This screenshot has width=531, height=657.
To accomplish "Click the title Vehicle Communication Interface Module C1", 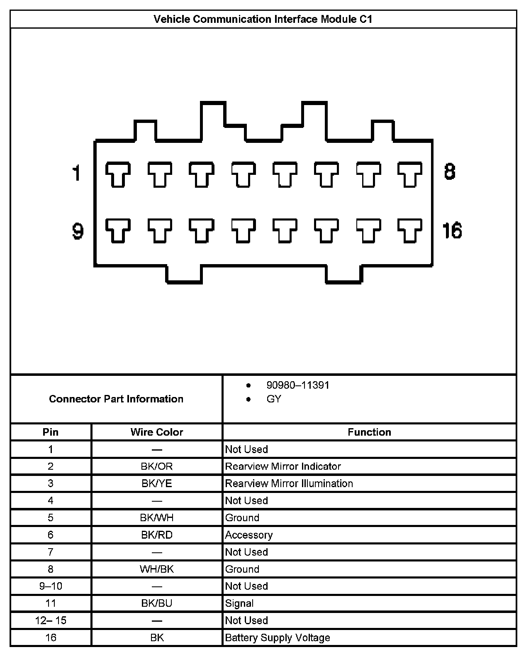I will click(263, 20).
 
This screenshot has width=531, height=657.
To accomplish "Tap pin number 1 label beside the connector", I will click(76, 173).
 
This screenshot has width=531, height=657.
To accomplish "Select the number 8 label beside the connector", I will click(450, 172).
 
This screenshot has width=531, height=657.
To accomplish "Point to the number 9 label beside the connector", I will click(78, 231).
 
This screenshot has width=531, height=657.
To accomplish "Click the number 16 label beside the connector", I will click(452, 230).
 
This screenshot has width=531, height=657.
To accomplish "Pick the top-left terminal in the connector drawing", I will click(118, 174).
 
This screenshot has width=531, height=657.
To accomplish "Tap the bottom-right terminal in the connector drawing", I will click(410, 230).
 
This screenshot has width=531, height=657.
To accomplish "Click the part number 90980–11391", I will click(298, 385).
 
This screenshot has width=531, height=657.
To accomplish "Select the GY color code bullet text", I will click(274, 399).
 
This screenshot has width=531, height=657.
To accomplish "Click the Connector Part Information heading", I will click(116, 399).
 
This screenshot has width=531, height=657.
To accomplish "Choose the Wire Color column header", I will click(157, 432).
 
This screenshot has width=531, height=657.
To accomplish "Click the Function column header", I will click(369, 432).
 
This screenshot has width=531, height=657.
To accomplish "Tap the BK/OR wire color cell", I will click(157, 466).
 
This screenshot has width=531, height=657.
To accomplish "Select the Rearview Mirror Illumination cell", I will click(289, 483).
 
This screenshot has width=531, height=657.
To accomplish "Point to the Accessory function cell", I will click(249, 535).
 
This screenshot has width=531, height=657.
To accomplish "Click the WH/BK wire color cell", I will click(157, 569).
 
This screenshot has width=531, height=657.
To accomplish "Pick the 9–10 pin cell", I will click(51, 586).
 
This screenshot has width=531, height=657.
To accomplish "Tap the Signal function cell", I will click(239, 603).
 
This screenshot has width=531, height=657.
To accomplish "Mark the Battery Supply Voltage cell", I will click(278, 637).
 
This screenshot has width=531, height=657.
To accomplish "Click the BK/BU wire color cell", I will click(157, 603).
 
